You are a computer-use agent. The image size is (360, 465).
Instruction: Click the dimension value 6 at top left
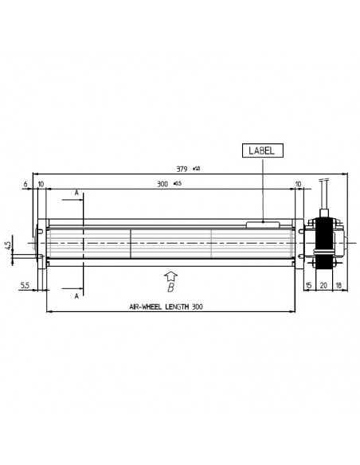coord(26,184)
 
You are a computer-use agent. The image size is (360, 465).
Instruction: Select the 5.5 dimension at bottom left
coord(26,285)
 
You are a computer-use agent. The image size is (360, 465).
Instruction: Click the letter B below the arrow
coord(170,291)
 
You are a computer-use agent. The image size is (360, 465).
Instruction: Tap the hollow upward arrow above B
coord(169,275)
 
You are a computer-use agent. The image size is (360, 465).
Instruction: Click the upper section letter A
coord(76,193)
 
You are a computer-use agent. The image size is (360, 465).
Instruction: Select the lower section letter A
coord(76,295)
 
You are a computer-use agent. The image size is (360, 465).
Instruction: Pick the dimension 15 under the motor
coord(309,285)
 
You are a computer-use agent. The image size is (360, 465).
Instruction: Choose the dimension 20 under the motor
coord(323,285)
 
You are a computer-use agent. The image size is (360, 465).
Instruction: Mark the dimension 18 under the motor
coord(338,285)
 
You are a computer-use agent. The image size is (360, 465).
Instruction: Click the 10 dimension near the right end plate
coord(298,184)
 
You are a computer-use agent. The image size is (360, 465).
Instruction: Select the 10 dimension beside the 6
coord(40,184)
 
